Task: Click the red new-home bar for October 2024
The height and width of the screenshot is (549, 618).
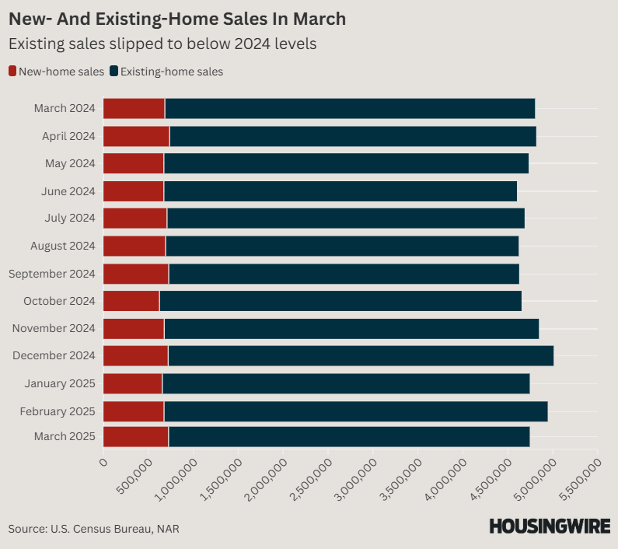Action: pyautogui.click(x=131, y=301)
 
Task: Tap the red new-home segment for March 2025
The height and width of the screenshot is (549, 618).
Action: pyautogui.click(x=135, y=437)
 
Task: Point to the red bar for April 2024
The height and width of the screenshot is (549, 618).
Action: pyautogui.click(x=136, y=136)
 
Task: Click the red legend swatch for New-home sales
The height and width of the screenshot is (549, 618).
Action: pyautogui.click(x=12, y=72)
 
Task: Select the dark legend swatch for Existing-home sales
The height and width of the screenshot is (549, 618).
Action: pyautogui.click(x=114, y=72)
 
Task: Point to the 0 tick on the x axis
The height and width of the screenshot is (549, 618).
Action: pyautogui.click(x=103, y=463)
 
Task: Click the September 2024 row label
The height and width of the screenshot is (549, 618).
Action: pyautogui.click(x=51, y=274)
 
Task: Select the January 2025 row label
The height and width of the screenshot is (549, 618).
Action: pyautogui.click(x=60, y=383)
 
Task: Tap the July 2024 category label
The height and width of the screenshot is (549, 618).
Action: pyautogui.click(x=70, y=219)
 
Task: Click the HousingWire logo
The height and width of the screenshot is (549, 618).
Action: pyautogui.click(x=549, y=526)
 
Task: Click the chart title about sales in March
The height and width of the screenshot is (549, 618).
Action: pyautogui.click(x=177, y=18)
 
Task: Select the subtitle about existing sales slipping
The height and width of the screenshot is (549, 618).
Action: pyautogui.click(x=162, y=44)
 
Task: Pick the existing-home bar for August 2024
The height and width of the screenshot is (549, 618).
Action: pyautogui.click(x=341, y=246)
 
